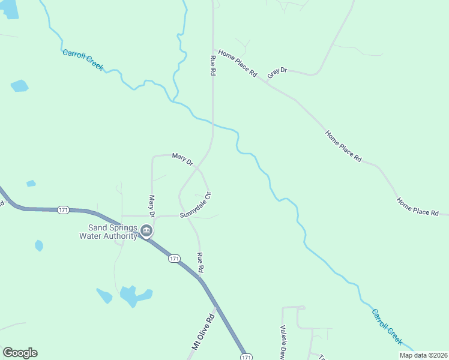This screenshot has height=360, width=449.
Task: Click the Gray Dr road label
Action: pos(277,71)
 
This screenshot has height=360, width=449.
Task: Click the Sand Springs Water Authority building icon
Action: pos(146,230)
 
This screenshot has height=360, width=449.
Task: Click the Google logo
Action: pos(20,353)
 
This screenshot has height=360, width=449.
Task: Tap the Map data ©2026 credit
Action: pos(423,355)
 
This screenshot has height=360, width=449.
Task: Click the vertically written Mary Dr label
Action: pos(152,206)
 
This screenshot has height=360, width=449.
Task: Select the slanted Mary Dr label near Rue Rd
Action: pos(182,159)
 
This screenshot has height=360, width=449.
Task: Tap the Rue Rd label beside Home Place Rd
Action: pos(212,65)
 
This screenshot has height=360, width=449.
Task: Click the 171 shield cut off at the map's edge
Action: pos(246,357)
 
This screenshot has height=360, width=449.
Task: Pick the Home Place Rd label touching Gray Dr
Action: pos(238,64)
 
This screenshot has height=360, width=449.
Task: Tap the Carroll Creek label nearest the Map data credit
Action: pos(387,326)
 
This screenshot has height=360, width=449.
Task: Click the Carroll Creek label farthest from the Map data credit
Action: pos(83,59)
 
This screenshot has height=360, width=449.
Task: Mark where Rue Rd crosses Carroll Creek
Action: pos(212,122)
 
